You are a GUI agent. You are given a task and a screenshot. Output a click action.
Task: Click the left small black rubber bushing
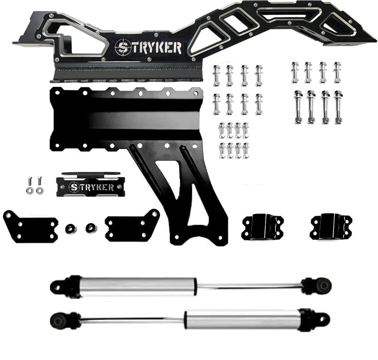coord(70,228)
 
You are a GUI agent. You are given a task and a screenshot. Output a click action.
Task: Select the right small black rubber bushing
coord(91,227)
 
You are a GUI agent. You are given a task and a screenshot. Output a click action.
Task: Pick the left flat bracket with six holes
coord(30,227)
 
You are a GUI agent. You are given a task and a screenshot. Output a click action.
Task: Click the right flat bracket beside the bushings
coord(132,225)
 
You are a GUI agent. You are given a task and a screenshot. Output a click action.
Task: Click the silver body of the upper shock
coord(137,286)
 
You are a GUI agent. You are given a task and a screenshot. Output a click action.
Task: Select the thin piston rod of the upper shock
coord(249,286)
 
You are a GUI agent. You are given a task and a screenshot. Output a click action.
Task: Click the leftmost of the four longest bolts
coord(298,107)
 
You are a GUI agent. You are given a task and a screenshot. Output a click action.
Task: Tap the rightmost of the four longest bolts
coord(338,107)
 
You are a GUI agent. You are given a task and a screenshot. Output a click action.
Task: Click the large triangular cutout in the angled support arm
coord(168,179)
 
